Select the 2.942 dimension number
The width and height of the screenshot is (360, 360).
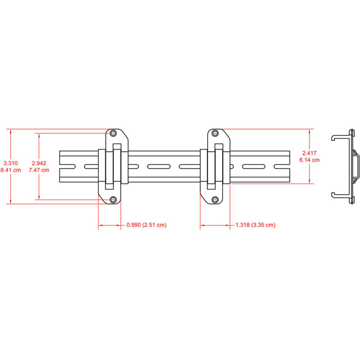coord(39,163)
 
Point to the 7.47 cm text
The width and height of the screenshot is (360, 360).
coord(39,170)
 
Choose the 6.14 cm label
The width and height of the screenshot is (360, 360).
coord(309,160)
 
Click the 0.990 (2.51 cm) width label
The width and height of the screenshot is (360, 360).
coord(146,225)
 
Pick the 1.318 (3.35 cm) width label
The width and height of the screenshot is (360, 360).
coord(255,225)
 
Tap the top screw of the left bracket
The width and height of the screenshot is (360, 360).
coord(114,133)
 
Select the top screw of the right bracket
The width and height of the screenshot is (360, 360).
coord(215,133)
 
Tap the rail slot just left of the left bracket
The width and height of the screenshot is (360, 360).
coord(91,166)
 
